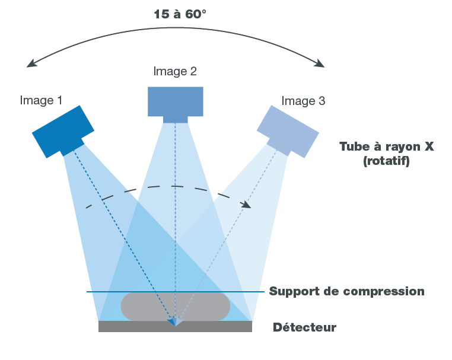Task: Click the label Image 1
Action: click(41, 100)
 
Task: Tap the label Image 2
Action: click(175, 72)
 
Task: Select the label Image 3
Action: click(303, 101)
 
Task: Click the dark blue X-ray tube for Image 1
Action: click(63, 130)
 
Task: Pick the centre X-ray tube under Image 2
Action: click(175, 101)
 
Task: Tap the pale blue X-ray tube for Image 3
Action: click(288, 130)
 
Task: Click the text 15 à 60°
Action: click(180, 14)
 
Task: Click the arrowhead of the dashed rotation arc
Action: click(246, 205)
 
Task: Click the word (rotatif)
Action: click(386, 161)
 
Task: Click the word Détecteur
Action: click(304, 327)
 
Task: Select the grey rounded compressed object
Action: click(175, 306)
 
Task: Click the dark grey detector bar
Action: click(175, 326)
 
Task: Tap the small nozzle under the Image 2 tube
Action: click(175, 119)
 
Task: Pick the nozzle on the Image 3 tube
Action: click(278, 145)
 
